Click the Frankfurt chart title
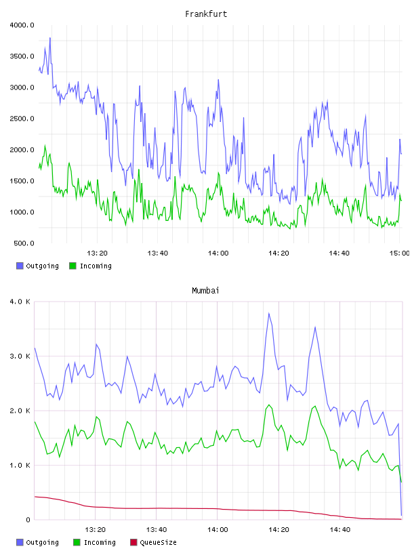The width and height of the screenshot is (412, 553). tap(206, 14)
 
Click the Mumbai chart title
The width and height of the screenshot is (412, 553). tap(205, 291)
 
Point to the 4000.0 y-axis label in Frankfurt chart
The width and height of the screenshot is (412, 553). tap(22, 25)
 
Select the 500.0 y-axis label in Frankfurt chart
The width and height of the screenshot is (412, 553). tap(24, 243)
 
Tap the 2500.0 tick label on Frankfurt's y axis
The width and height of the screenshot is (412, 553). tap(22, 119)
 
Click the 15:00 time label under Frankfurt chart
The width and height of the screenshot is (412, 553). tap(400, 253)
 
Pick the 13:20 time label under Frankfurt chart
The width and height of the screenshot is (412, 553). tap(98, 253)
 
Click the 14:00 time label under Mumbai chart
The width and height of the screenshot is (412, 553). tap(218, 530)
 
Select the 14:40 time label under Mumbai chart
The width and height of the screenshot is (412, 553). tap(340, 530)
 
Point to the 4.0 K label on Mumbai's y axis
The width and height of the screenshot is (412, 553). tap(20, 302)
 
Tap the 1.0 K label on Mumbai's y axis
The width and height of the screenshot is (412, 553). tap(20, 466)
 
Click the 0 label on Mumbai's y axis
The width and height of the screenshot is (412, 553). tap(28, 520)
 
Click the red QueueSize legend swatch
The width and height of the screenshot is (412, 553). tap(133, 542)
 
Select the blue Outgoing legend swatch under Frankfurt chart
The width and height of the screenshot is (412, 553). tap(20, 266)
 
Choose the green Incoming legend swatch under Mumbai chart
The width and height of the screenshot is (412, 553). tap(77, 542)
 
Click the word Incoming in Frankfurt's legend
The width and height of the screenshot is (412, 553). tap(96, 266)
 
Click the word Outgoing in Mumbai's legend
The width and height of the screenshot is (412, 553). tap(42, 543)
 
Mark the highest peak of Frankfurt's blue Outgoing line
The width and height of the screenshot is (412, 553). tap(50, 38)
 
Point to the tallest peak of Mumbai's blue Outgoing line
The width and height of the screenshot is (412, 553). tap(269, 313)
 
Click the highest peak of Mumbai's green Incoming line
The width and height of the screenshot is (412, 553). tap(269, 405)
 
